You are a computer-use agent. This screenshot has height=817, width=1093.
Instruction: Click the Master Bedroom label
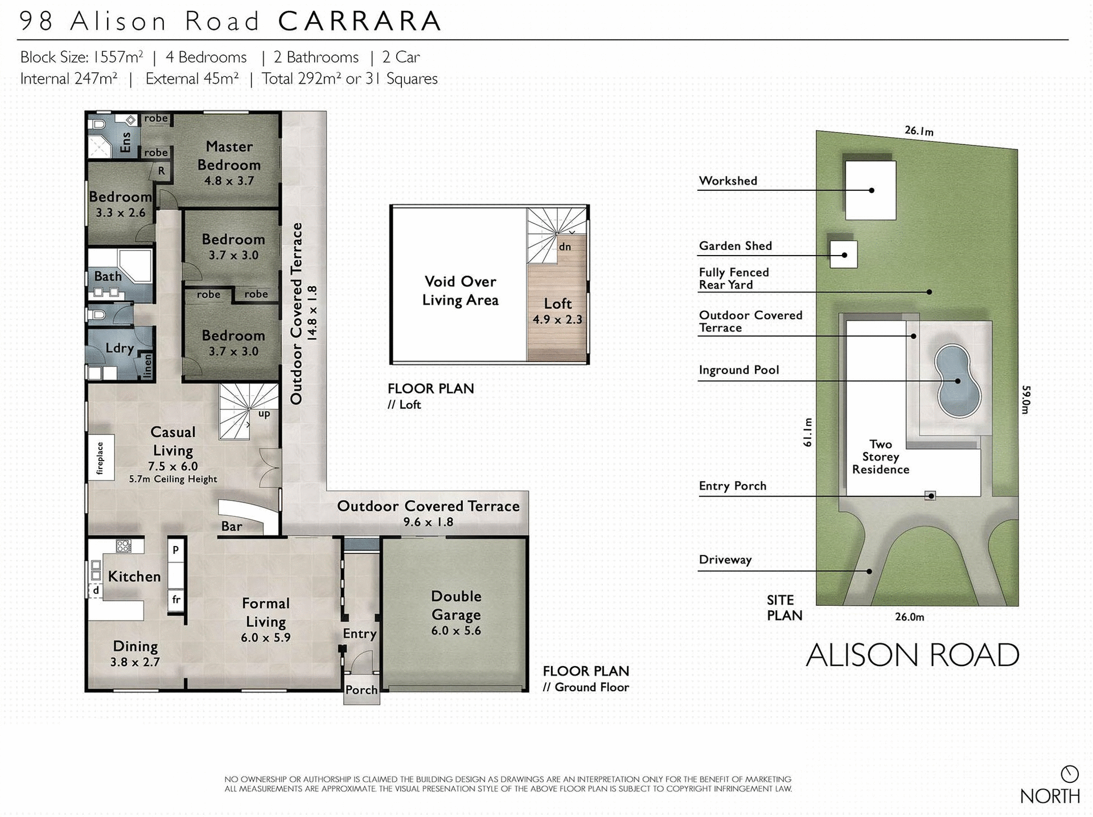tap(229, 156)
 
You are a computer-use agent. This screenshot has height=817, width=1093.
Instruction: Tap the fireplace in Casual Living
tap(101, 458)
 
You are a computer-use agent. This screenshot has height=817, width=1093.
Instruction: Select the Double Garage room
tap(455, 613)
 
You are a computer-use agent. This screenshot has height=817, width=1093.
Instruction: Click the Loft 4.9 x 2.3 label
tap(557, 311)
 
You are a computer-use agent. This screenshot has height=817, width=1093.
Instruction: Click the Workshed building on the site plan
tap(870, 190)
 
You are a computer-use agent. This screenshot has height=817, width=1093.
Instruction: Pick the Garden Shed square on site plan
tap(843, 254)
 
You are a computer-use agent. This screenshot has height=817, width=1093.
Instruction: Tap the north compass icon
tap(1070, 774)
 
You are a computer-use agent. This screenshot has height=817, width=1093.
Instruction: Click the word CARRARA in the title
tap(360, 22)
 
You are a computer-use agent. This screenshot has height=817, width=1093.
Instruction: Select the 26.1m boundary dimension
tap(919, 131)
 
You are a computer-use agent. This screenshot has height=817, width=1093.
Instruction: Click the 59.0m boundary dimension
tap(1026, 400)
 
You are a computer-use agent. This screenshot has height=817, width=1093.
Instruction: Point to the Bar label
tap(232, 526)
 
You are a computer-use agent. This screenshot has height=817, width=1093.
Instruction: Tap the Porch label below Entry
tap(361, 690)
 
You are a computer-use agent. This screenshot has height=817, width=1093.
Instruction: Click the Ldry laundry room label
tap(120, 348)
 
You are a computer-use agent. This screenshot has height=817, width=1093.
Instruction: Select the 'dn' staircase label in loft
tap(565, 247)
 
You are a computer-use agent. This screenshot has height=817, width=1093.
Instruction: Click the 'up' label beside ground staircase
tap(264, 414)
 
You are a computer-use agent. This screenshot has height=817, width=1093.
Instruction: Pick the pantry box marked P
tap(176, 550)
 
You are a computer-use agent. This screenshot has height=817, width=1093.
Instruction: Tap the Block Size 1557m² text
tap(81, 58)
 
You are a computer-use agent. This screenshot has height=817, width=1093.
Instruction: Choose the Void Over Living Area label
tap(460, 290)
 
